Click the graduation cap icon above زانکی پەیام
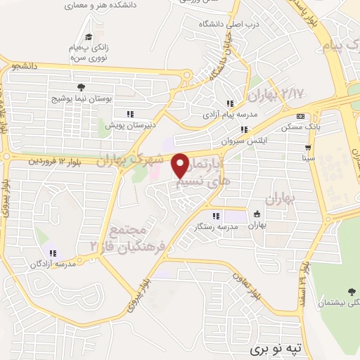(88, 37)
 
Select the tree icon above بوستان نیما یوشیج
(82, 87)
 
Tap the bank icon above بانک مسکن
(301, 117)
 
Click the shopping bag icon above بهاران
(257, 214)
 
